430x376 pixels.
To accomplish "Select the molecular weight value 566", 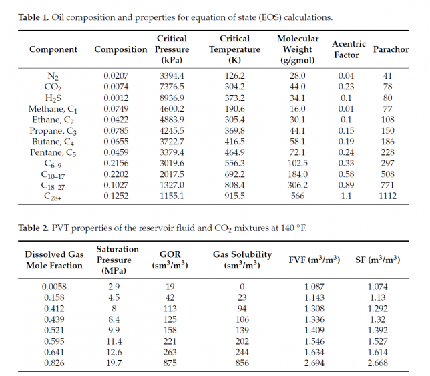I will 297,196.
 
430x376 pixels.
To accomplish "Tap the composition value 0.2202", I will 116,174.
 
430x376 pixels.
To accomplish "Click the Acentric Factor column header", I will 345,49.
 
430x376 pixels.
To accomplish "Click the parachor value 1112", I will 387,196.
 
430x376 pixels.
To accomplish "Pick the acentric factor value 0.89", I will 345,185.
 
